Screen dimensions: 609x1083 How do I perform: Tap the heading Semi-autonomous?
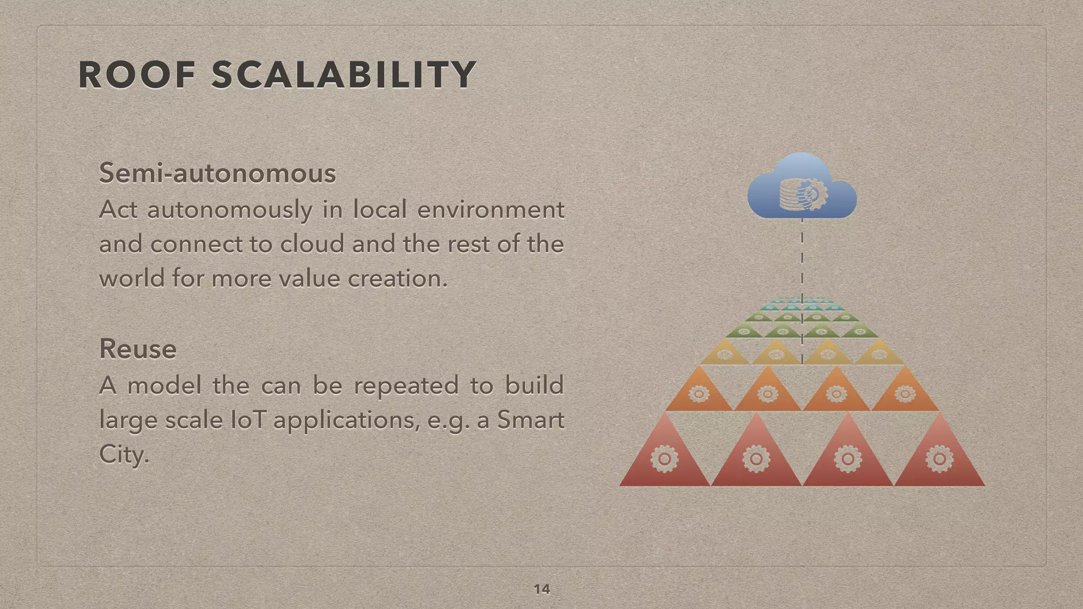click(x=217, y=173)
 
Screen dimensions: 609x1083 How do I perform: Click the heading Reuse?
click(x=138, y=349)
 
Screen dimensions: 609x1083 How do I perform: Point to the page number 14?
click(x=541, y=589)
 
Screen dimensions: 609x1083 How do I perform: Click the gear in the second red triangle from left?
click(x=756, y=458)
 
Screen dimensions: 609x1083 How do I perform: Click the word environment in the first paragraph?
click(x=491, y=210)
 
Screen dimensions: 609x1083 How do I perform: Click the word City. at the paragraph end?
click(x=124, y=455)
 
